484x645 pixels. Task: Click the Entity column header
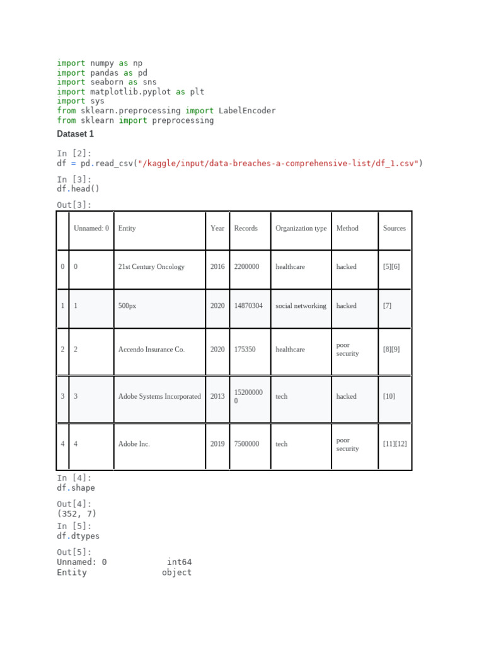127,228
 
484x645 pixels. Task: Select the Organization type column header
301,228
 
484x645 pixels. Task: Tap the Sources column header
394,228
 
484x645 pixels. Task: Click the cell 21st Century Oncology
151,266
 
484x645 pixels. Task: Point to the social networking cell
301,305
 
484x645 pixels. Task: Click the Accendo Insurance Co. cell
151,349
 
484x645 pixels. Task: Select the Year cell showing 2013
217,396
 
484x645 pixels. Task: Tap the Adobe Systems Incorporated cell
159,396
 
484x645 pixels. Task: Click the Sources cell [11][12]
395,443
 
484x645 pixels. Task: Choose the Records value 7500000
246,443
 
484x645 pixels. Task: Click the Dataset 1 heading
75,134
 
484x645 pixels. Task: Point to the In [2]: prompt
74,154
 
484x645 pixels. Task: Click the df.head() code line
78,188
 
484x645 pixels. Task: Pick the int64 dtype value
179,562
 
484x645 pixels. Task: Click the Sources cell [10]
389,396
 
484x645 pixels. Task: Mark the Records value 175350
245,349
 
